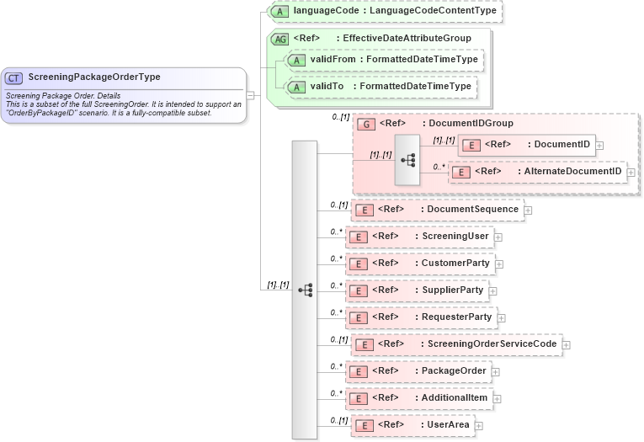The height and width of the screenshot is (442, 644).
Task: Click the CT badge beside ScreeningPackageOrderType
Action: (13, 77)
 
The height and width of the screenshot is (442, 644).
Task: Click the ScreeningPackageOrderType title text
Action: (93, 77)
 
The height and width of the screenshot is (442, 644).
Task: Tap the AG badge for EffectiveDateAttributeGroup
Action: (278, 39)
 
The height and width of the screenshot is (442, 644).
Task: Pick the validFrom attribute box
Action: (383, 60)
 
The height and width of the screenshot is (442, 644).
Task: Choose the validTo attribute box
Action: (380, 87)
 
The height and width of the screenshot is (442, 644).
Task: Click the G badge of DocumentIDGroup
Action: (366, 124)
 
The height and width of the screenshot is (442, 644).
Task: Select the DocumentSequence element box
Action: (437, 210)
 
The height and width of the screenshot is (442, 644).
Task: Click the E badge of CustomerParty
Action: (359, 264)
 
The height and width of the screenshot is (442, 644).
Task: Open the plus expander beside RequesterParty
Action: (503, 317)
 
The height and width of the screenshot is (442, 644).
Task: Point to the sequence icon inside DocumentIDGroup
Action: (407, 160)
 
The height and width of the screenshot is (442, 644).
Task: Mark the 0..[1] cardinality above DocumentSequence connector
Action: (339, 205)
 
